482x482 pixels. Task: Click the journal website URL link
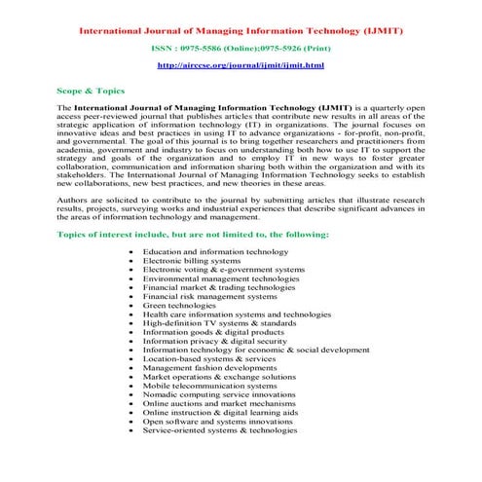241,64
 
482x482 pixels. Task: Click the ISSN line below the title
241,46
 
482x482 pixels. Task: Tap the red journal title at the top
241,24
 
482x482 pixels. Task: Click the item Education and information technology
215,251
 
